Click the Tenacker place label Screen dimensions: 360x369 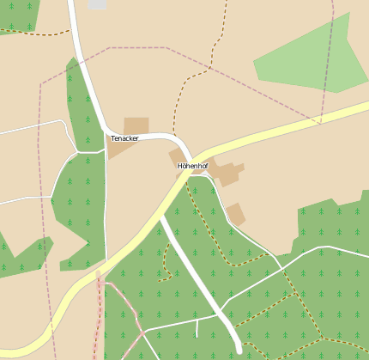[124, 138]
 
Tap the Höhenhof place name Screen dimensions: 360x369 [192, 165]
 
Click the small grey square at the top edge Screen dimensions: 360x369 [97, 4]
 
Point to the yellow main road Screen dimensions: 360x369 [283, 128]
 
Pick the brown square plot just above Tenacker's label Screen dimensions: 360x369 [136, 125]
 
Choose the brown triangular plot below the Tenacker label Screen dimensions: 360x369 [118, 149]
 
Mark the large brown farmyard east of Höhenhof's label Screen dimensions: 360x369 [226, 171]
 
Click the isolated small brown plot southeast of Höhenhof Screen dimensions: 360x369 [235, 213]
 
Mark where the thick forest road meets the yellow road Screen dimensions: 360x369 [160, 217]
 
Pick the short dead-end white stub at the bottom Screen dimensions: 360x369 [197, 327]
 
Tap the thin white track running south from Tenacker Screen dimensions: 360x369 [106, 206]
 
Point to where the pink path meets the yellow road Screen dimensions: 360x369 [100, 274]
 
